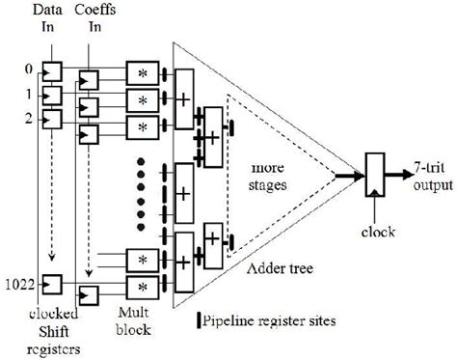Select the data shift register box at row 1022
pos(51,283)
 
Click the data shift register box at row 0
pos(51,71)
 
